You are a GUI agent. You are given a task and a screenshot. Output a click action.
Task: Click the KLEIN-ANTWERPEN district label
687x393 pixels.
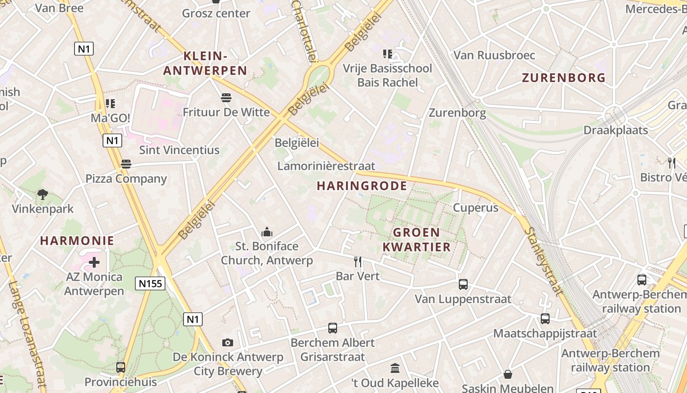[x=205, y=63]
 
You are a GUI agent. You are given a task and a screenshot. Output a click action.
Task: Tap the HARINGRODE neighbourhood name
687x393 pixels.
[x=362, y=186]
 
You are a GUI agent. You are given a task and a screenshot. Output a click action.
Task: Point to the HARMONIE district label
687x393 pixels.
[x=77, y=241]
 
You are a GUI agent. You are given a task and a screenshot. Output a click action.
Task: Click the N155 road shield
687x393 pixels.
[x=150, y=283]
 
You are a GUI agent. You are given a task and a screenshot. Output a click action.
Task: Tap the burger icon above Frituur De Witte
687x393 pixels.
[x=226, y=97]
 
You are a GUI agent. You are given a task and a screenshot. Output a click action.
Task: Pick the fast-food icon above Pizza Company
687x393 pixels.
[x=126, y=164]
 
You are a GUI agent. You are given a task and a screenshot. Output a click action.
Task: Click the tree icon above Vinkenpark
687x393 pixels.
[x=43, y=194]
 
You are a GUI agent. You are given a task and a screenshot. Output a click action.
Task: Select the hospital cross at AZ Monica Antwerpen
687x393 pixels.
[x=94, y=262]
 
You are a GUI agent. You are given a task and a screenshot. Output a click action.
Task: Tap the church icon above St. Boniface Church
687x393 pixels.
[x=267, y=231]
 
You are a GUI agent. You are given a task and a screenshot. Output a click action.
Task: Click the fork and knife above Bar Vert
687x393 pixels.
[x=358, y=261]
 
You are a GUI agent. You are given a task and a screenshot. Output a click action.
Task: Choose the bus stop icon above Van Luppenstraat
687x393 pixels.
[x=463, y=284]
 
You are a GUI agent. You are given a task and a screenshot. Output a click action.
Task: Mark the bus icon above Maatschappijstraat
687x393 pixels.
[x=545, y=318]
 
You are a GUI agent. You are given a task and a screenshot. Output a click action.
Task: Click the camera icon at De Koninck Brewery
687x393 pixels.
[x=228, y=342]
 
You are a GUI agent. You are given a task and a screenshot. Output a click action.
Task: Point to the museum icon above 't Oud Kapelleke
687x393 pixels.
[x=395, y=368]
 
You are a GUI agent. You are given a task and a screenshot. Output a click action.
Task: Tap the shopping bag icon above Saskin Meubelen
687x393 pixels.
[x=508, y=374]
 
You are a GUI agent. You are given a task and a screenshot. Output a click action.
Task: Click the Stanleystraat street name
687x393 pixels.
[x=544, y=260]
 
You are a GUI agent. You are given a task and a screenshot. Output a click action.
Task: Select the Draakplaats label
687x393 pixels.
[x=615, y=130]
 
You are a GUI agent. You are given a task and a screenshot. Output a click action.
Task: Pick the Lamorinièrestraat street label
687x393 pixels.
[x=326, y=166]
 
